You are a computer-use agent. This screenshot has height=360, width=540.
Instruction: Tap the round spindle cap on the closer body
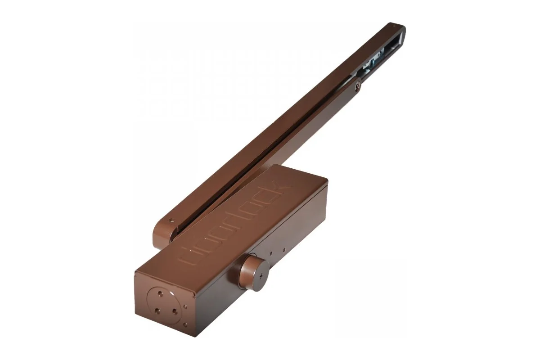click(x=254, y=274)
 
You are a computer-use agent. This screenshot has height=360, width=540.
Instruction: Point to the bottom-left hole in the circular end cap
click(x=157, y=311)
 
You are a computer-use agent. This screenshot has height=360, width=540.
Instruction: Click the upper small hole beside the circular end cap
click(x=185, y=307)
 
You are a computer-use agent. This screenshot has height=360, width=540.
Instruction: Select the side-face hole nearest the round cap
click(x=271, y=253)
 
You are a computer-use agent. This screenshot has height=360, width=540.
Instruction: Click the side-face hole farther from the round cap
click(x=284, y=250)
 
